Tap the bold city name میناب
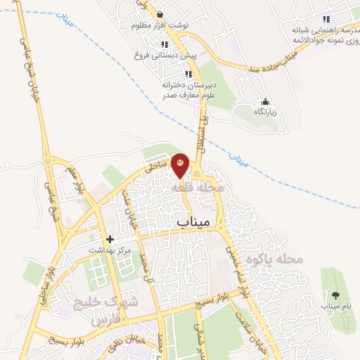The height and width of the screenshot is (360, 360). pos(189,222)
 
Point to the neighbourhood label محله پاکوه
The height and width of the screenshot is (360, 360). pos(300,259)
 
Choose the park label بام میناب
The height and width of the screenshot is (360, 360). pos(335,306)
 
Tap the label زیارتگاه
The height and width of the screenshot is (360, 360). pos(265,111)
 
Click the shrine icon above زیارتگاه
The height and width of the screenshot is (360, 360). pos(265,101)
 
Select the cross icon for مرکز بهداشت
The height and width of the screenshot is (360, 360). pos(110,239)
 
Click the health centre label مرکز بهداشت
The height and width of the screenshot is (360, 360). pos(110,250)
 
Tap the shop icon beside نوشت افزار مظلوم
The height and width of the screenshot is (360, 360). pos(160,14)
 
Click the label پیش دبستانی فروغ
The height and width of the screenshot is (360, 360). pos(164,54)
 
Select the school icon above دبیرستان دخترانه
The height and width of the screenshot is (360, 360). pos(188,74)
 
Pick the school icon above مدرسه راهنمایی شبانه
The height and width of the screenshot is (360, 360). pos(326,19)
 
